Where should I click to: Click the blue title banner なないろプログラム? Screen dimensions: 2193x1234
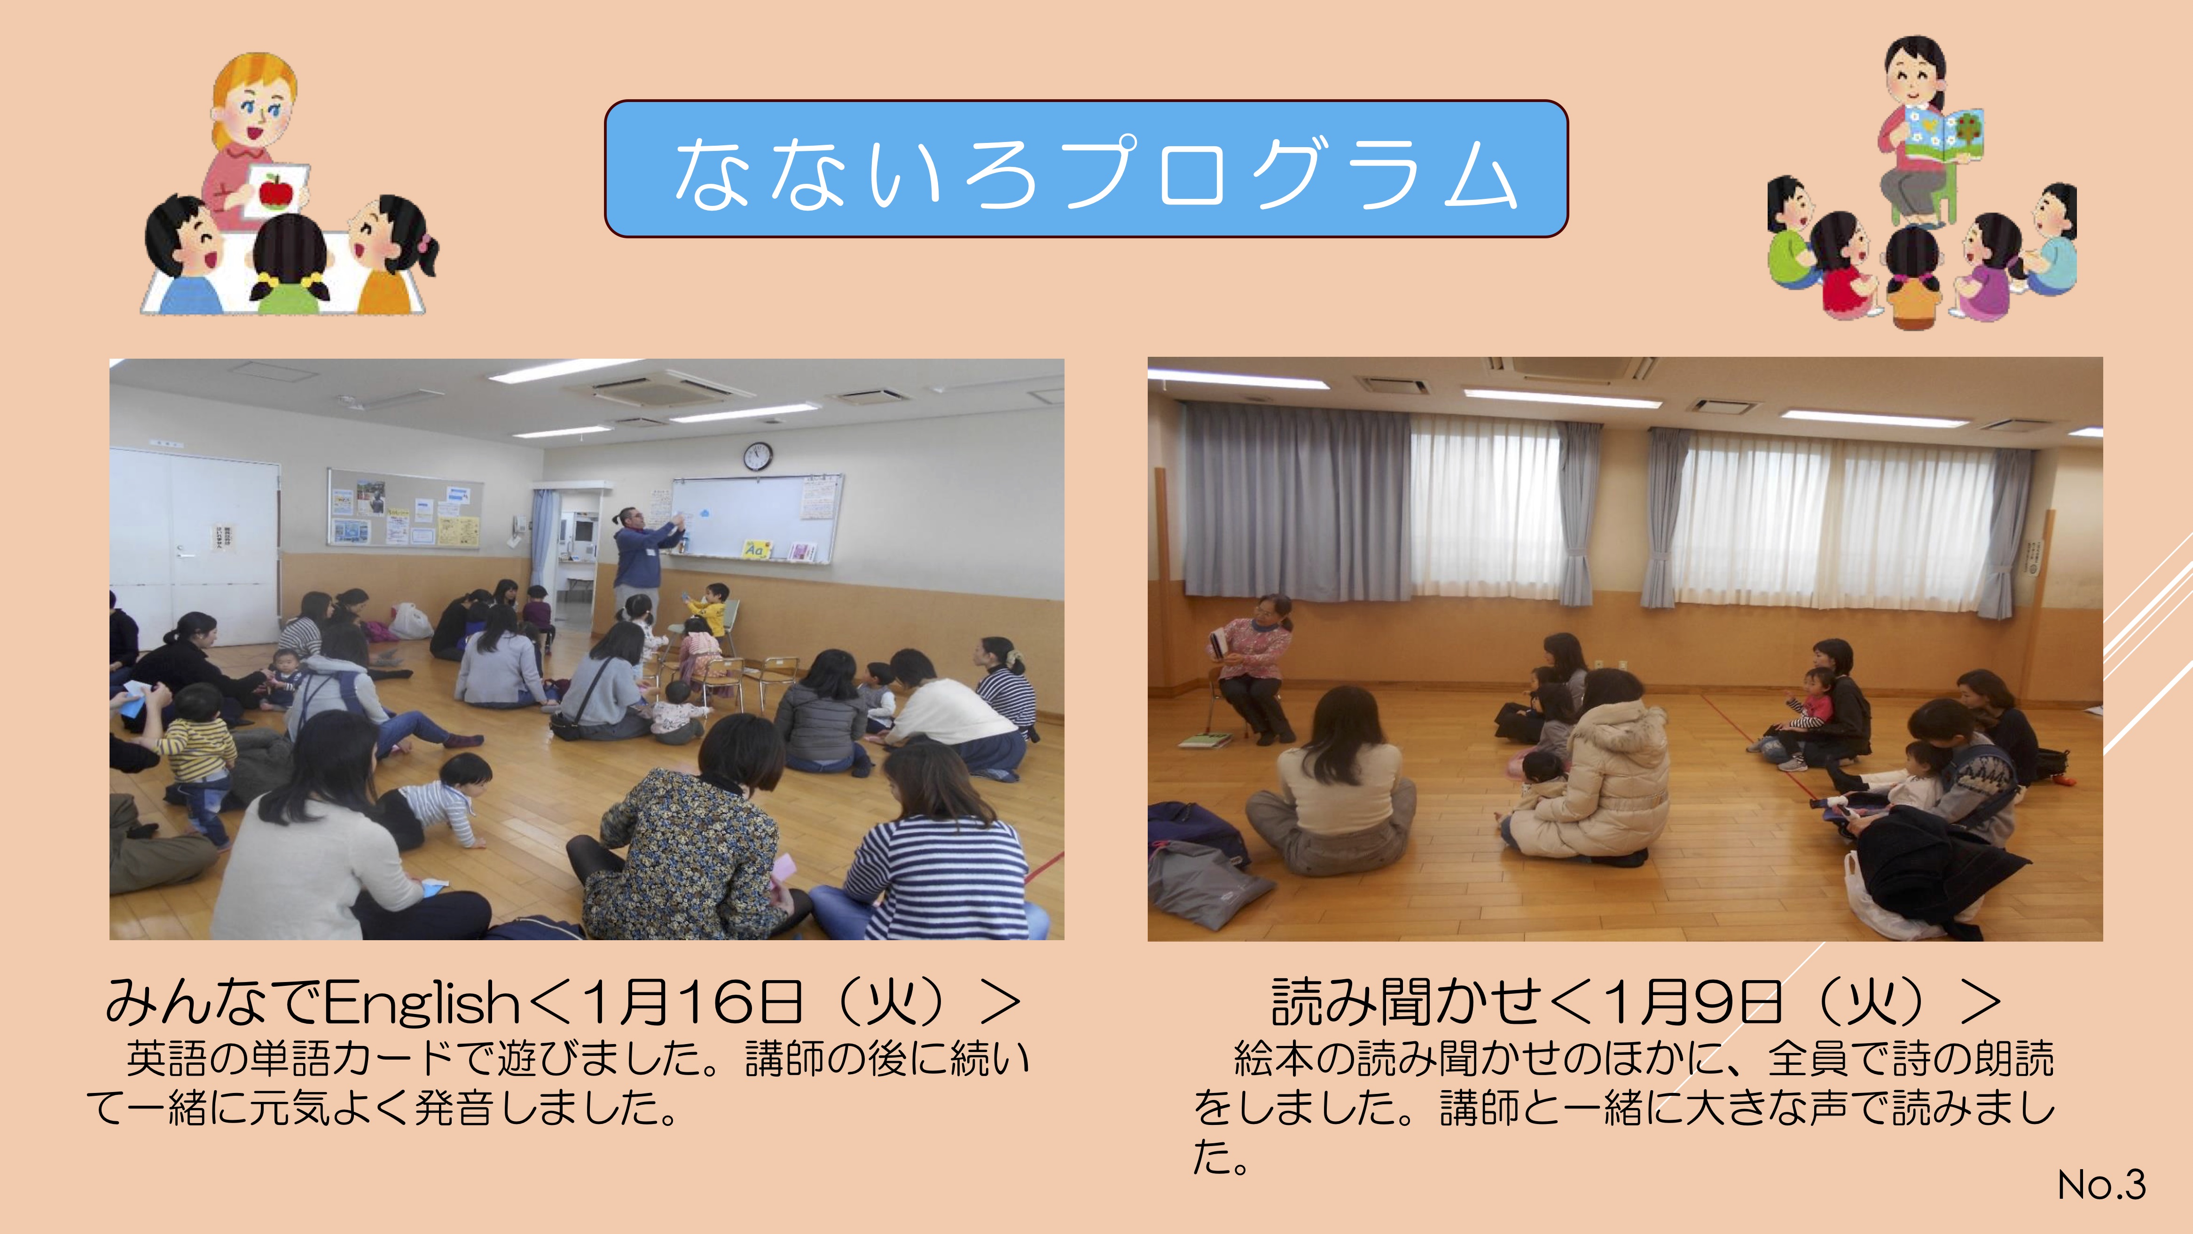tap(1086, 169)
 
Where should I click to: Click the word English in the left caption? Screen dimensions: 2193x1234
tap(422, 1002)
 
